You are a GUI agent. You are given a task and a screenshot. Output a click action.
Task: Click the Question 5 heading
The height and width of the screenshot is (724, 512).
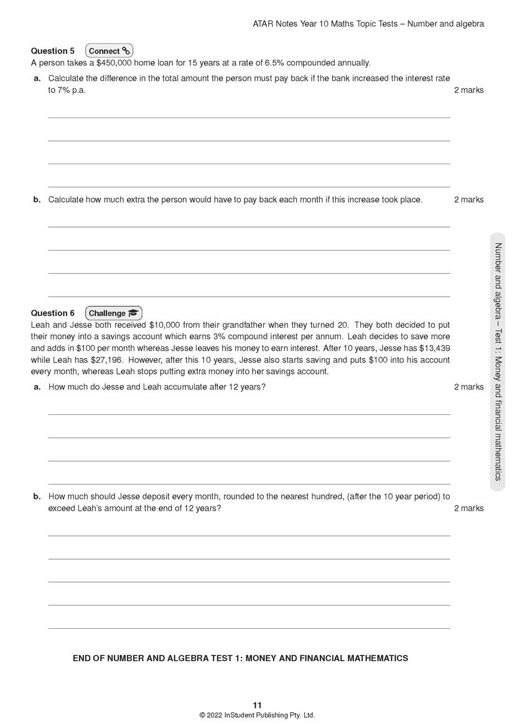[53, 51]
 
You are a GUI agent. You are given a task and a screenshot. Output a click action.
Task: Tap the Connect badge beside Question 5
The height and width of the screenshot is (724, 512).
[109, 51]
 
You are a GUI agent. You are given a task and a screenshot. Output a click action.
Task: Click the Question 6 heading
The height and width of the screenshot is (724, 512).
[53, 313]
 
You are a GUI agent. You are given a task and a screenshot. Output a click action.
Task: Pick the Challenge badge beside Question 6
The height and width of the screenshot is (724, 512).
[114, 313]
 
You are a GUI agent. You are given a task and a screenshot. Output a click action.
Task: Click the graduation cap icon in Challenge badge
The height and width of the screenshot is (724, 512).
[134, 313]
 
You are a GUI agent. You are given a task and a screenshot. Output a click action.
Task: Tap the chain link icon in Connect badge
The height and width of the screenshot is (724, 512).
[126, 51]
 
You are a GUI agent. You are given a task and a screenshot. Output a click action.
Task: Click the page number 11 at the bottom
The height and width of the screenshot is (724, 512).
[257, 705]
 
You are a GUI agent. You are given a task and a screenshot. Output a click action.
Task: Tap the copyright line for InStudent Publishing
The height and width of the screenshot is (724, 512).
[257, 715]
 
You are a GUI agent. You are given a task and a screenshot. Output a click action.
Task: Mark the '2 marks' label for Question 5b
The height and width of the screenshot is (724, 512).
[468, 200]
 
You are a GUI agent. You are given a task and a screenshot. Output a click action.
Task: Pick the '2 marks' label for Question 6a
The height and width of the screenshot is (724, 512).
[468, 387]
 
